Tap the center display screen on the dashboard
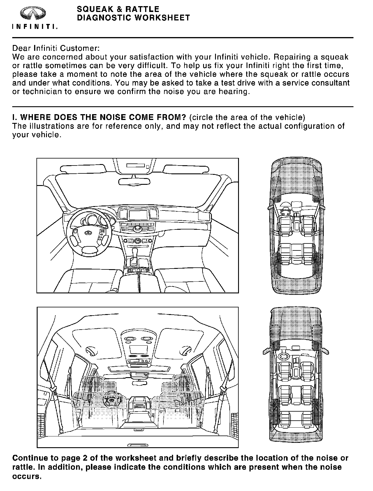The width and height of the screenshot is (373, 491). (138, 215)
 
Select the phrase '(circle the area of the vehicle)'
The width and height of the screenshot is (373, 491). (247, 118)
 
